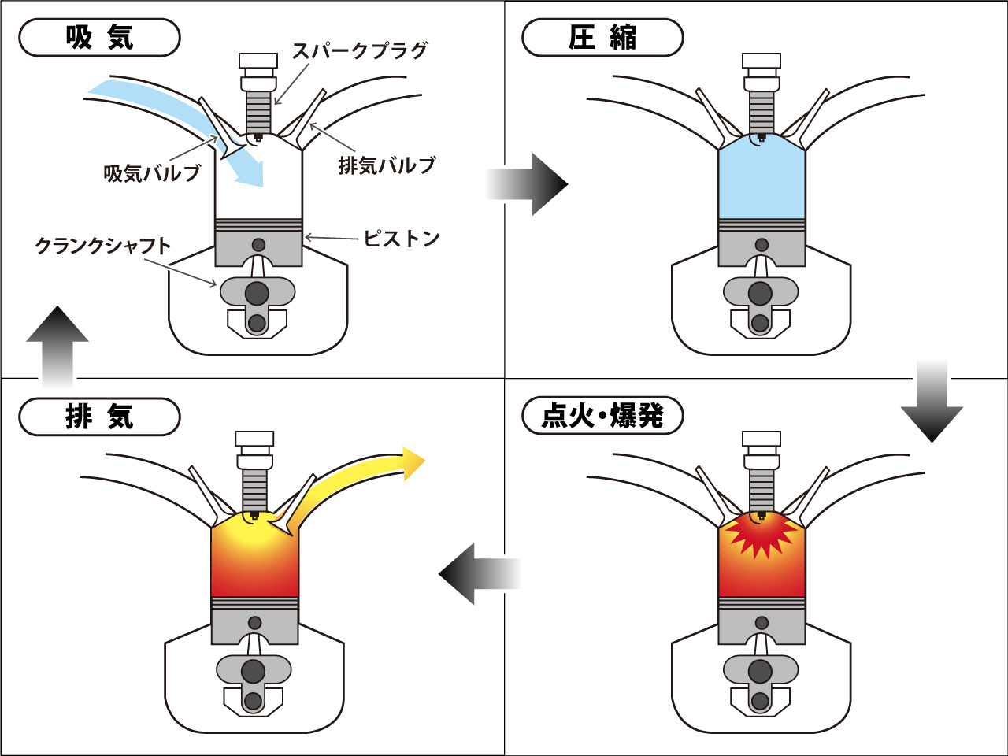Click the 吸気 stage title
[x=99, y=38]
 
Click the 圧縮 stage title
[x=602, y=38]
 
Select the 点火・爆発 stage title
[x=602, y=416]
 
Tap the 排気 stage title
[x=99, y=417]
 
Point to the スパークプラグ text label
[x=360, y=50]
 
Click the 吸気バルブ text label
[x=153, y=173]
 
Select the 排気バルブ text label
[x=387, y=166]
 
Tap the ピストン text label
[x=401, y=239]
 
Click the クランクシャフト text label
[x=102, y=246]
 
